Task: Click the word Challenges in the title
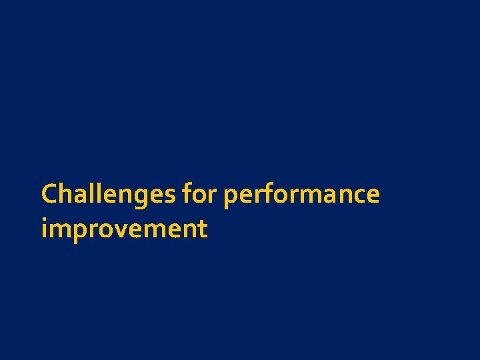109,195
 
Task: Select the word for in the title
201,195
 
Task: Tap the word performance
302,195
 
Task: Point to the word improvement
124,229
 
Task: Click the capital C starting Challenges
49,195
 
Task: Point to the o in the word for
199,196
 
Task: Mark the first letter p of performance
232,197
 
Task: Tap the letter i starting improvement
44,229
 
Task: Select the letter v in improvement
128,231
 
